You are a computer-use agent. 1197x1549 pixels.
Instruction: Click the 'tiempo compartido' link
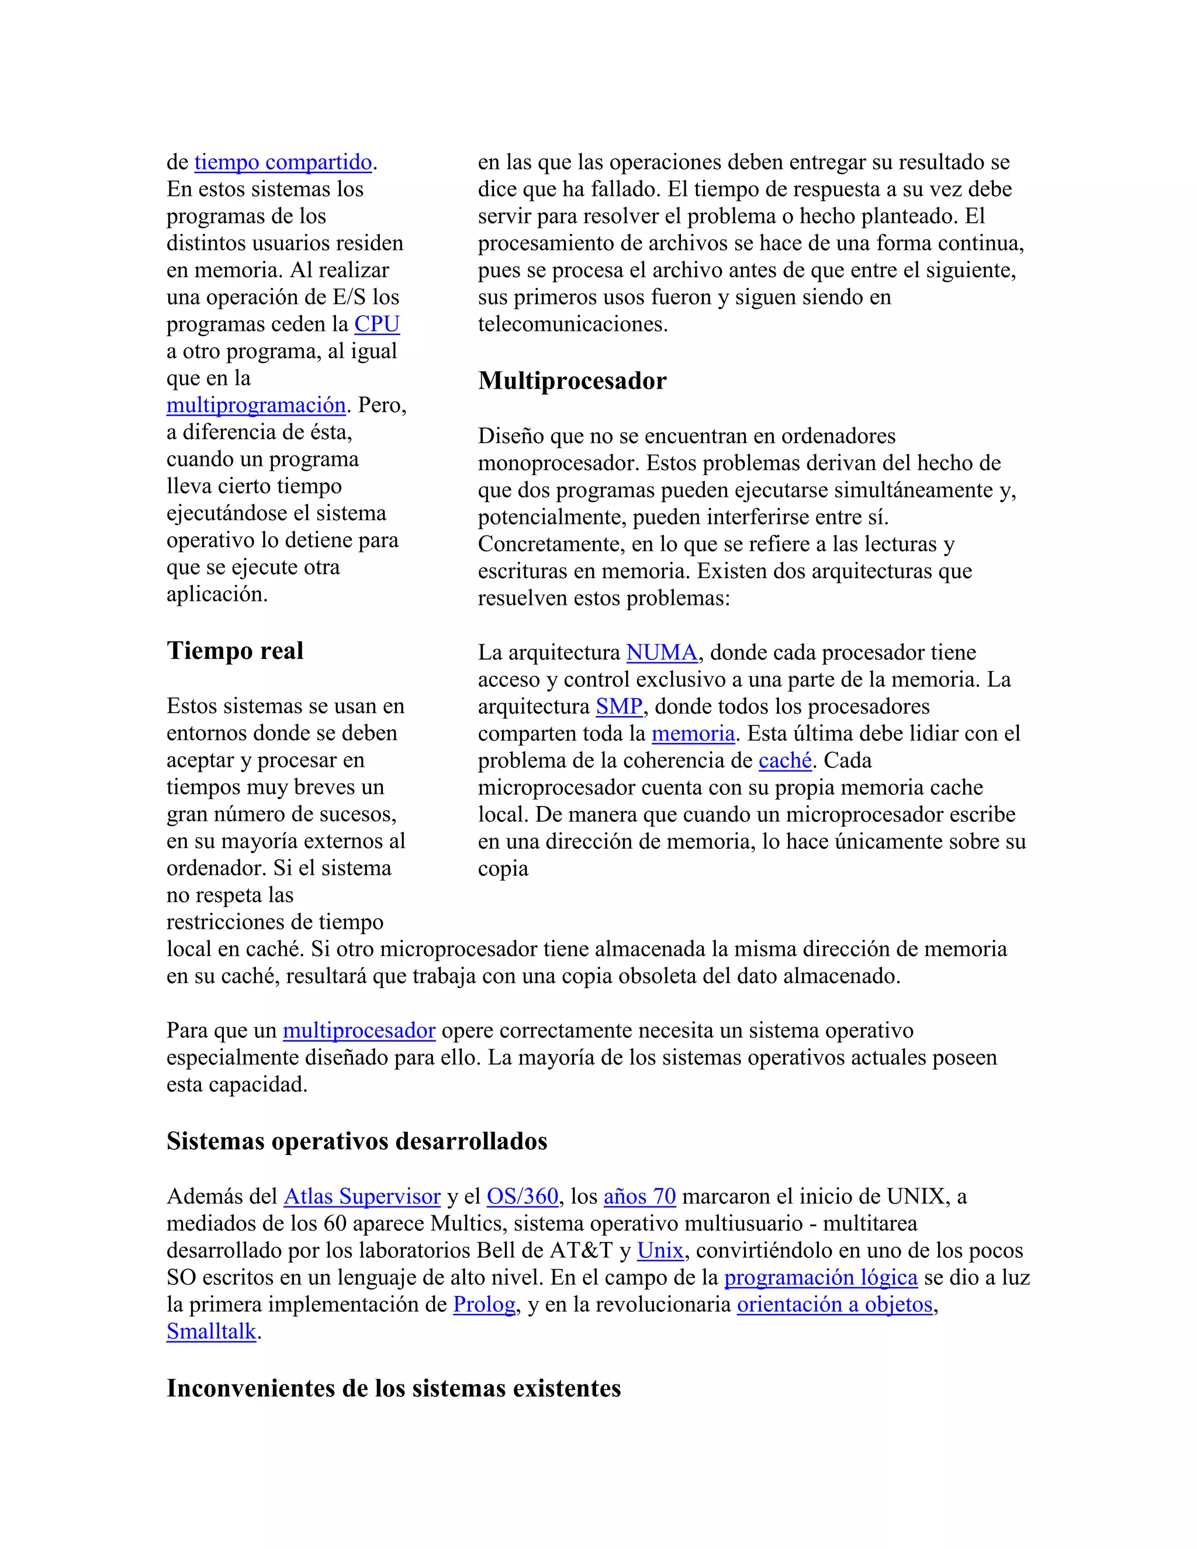pyautogui.click(x=283, y=162)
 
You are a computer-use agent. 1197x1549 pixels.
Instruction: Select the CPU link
pyautogui.click(x=376, y=324)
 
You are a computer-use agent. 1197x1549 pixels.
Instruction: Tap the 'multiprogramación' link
pyautogui.click(x=256, y=405)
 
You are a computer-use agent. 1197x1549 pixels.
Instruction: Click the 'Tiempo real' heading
pyautogui.click(x=235, y=651)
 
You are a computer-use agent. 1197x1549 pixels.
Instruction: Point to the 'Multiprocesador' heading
pyautogui.click(x=572, y=381)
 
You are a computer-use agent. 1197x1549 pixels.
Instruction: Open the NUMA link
pyautogui.click(x=662, y=652)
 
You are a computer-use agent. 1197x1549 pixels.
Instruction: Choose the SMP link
pyautogui.click(x=618, y=707)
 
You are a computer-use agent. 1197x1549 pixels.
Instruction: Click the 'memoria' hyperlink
pyautogui.click(x=693, y=734)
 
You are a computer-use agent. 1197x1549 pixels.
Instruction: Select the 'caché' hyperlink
pyautogui.click(x=785, y=760)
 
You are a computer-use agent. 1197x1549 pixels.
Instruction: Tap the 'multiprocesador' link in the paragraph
pyautogui.click(x=359, y=1031)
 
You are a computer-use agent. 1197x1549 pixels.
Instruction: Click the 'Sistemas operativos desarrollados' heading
pyautogui.click(x=357, y=1141)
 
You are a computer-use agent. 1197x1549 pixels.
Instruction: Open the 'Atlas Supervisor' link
pyautogui.click(x=362, y=1197)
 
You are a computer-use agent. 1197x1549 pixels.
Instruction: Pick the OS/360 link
pyautogui.click(x=522, y=1197)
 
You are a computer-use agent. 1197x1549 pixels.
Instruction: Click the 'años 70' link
pyautogui.click(x=639, y=1197)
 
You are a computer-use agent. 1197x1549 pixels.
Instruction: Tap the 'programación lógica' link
pyautogui.click(x=821, y=1277)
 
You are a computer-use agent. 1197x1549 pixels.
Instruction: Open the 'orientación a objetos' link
pyautogui.click(x=835, y=1304)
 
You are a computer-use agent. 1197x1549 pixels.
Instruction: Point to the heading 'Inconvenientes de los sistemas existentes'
pyautogui.click(x=393, y=1388)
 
